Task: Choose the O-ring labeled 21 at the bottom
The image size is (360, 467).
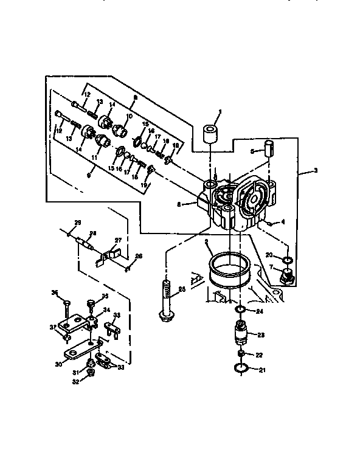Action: (x=240, y=368)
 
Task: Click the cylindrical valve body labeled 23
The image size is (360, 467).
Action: (x=241, y=333)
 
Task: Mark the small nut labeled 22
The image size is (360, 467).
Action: (x=241, y=354)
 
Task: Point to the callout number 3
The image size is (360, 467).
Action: (x=316, y=171)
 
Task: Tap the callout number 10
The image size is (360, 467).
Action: (x=129, y=116)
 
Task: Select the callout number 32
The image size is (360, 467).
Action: (x=76, y=382)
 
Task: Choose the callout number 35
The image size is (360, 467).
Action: (x=105, y=296)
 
